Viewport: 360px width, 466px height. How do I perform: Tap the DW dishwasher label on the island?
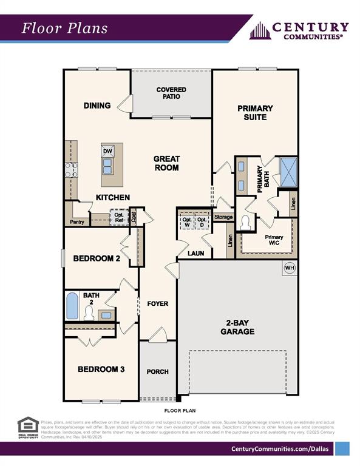107,151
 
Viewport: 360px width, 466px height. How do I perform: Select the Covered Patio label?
171,93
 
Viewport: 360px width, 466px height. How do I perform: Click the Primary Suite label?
255,112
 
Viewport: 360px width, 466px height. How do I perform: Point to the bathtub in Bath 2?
72,306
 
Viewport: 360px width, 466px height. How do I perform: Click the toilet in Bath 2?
89,313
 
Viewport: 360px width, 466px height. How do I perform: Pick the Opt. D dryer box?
202,223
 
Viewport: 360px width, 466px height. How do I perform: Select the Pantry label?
77,222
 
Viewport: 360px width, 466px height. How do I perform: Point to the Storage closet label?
223,217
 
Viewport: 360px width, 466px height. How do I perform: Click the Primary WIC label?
274,241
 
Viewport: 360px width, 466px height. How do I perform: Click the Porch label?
157,371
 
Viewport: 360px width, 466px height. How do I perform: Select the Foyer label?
158,303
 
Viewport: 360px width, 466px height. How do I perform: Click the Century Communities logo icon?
260,30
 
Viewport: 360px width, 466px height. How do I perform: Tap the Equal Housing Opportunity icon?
28,427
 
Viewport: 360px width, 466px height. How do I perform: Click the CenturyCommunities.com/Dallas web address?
279,448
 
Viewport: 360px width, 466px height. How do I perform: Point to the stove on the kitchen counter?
71,169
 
